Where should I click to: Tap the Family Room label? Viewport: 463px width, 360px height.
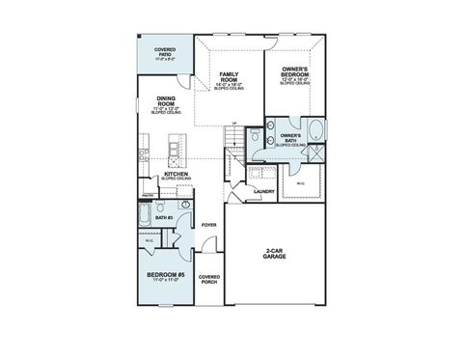pyautogui.click(x=229, y=78)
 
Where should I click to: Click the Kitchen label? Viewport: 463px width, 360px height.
pyautogui.click(x=176, y=175)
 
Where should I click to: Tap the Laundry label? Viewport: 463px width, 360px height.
pyautogui.click(x=264, y=190)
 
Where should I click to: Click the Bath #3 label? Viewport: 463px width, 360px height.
pyautogui.click(x=163, y=218)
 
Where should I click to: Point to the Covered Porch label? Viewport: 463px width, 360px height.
pyautogui.click(x=208, y=280)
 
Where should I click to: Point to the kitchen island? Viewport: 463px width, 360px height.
pyautogui.click(x=173, y=150)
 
